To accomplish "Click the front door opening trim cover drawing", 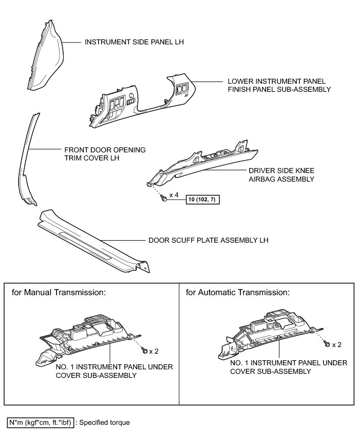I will click(28, 161).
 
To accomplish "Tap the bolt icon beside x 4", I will click(165, 200).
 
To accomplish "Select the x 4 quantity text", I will click(174, 195).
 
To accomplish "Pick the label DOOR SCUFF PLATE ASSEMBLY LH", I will click(208, 240).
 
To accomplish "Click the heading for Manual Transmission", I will click(59, 292).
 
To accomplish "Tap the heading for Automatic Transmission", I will click(237, 292).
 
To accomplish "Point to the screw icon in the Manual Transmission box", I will click(145, 349).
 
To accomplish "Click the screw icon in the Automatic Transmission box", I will click(327, 344).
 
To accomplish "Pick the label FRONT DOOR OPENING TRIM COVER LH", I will click(105, 154).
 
